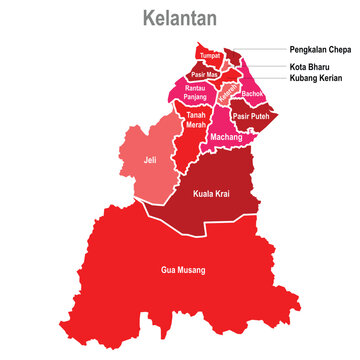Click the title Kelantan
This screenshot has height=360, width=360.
[x=180, y=19]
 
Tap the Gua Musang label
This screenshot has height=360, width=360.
[x=182, y=270]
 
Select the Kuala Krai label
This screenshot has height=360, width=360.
[x=211, y=193]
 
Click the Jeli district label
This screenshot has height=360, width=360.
[x=150, y=160]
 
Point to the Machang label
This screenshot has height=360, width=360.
[x=226, y=137]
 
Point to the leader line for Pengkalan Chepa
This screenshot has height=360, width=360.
[x=262, y=48]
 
